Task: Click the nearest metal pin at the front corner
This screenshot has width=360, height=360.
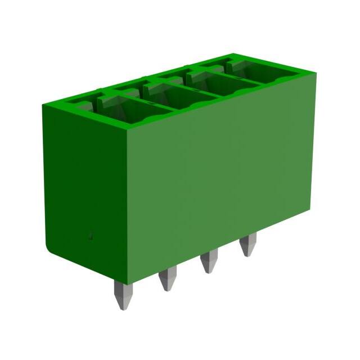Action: (123, 295)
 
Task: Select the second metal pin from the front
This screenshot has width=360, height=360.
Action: (168, 277)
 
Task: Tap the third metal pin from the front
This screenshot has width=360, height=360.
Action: (210, 260)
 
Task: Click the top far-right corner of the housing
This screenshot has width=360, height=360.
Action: (316, 74)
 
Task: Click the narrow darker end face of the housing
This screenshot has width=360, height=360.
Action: (84, 186)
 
